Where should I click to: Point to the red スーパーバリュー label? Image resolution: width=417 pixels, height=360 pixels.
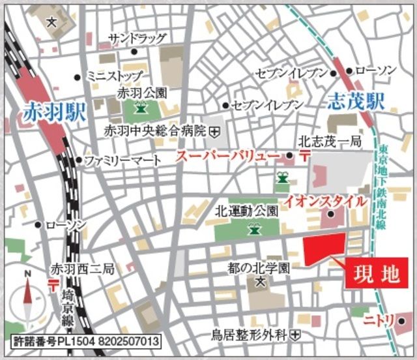pos(228,156)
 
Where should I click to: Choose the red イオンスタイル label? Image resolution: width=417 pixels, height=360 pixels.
pos(324,202)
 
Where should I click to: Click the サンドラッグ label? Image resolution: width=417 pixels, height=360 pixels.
pos(137,38)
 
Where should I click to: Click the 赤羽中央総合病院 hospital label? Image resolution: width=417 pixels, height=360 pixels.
pos(155,131)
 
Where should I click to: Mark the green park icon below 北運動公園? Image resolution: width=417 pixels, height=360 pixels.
pos(252,228)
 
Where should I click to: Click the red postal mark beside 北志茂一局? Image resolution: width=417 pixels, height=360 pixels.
pos(304,155)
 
